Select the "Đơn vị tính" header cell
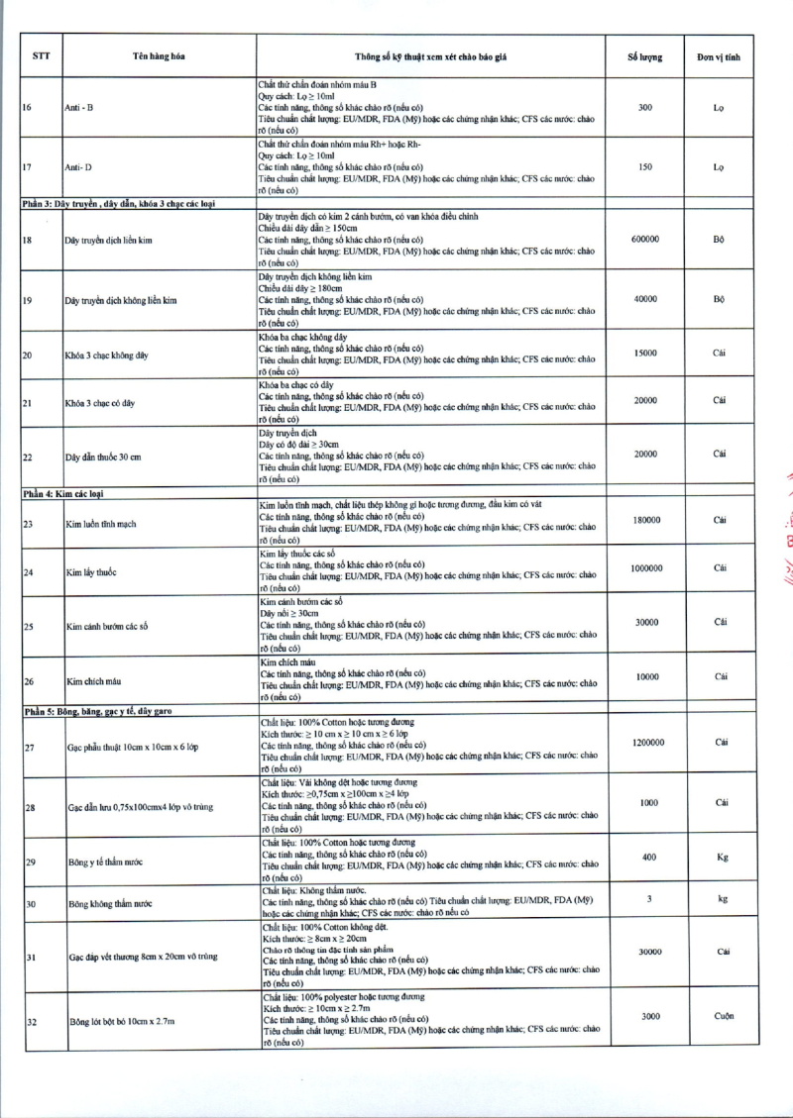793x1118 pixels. [x=720, y=56]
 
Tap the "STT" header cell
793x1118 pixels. [x=42, y=56]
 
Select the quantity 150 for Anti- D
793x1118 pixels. [x=645, y=166]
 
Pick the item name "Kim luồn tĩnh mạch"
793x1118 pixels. [x=101, y=524]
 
